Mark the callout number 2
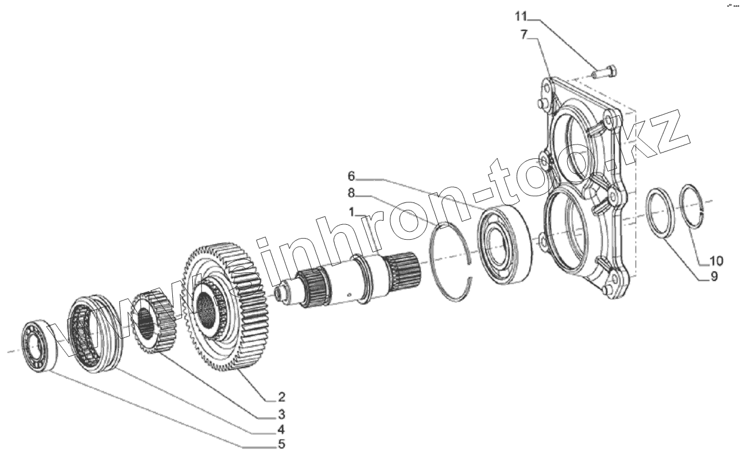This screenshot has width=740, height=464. click(x=281, y=397)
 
